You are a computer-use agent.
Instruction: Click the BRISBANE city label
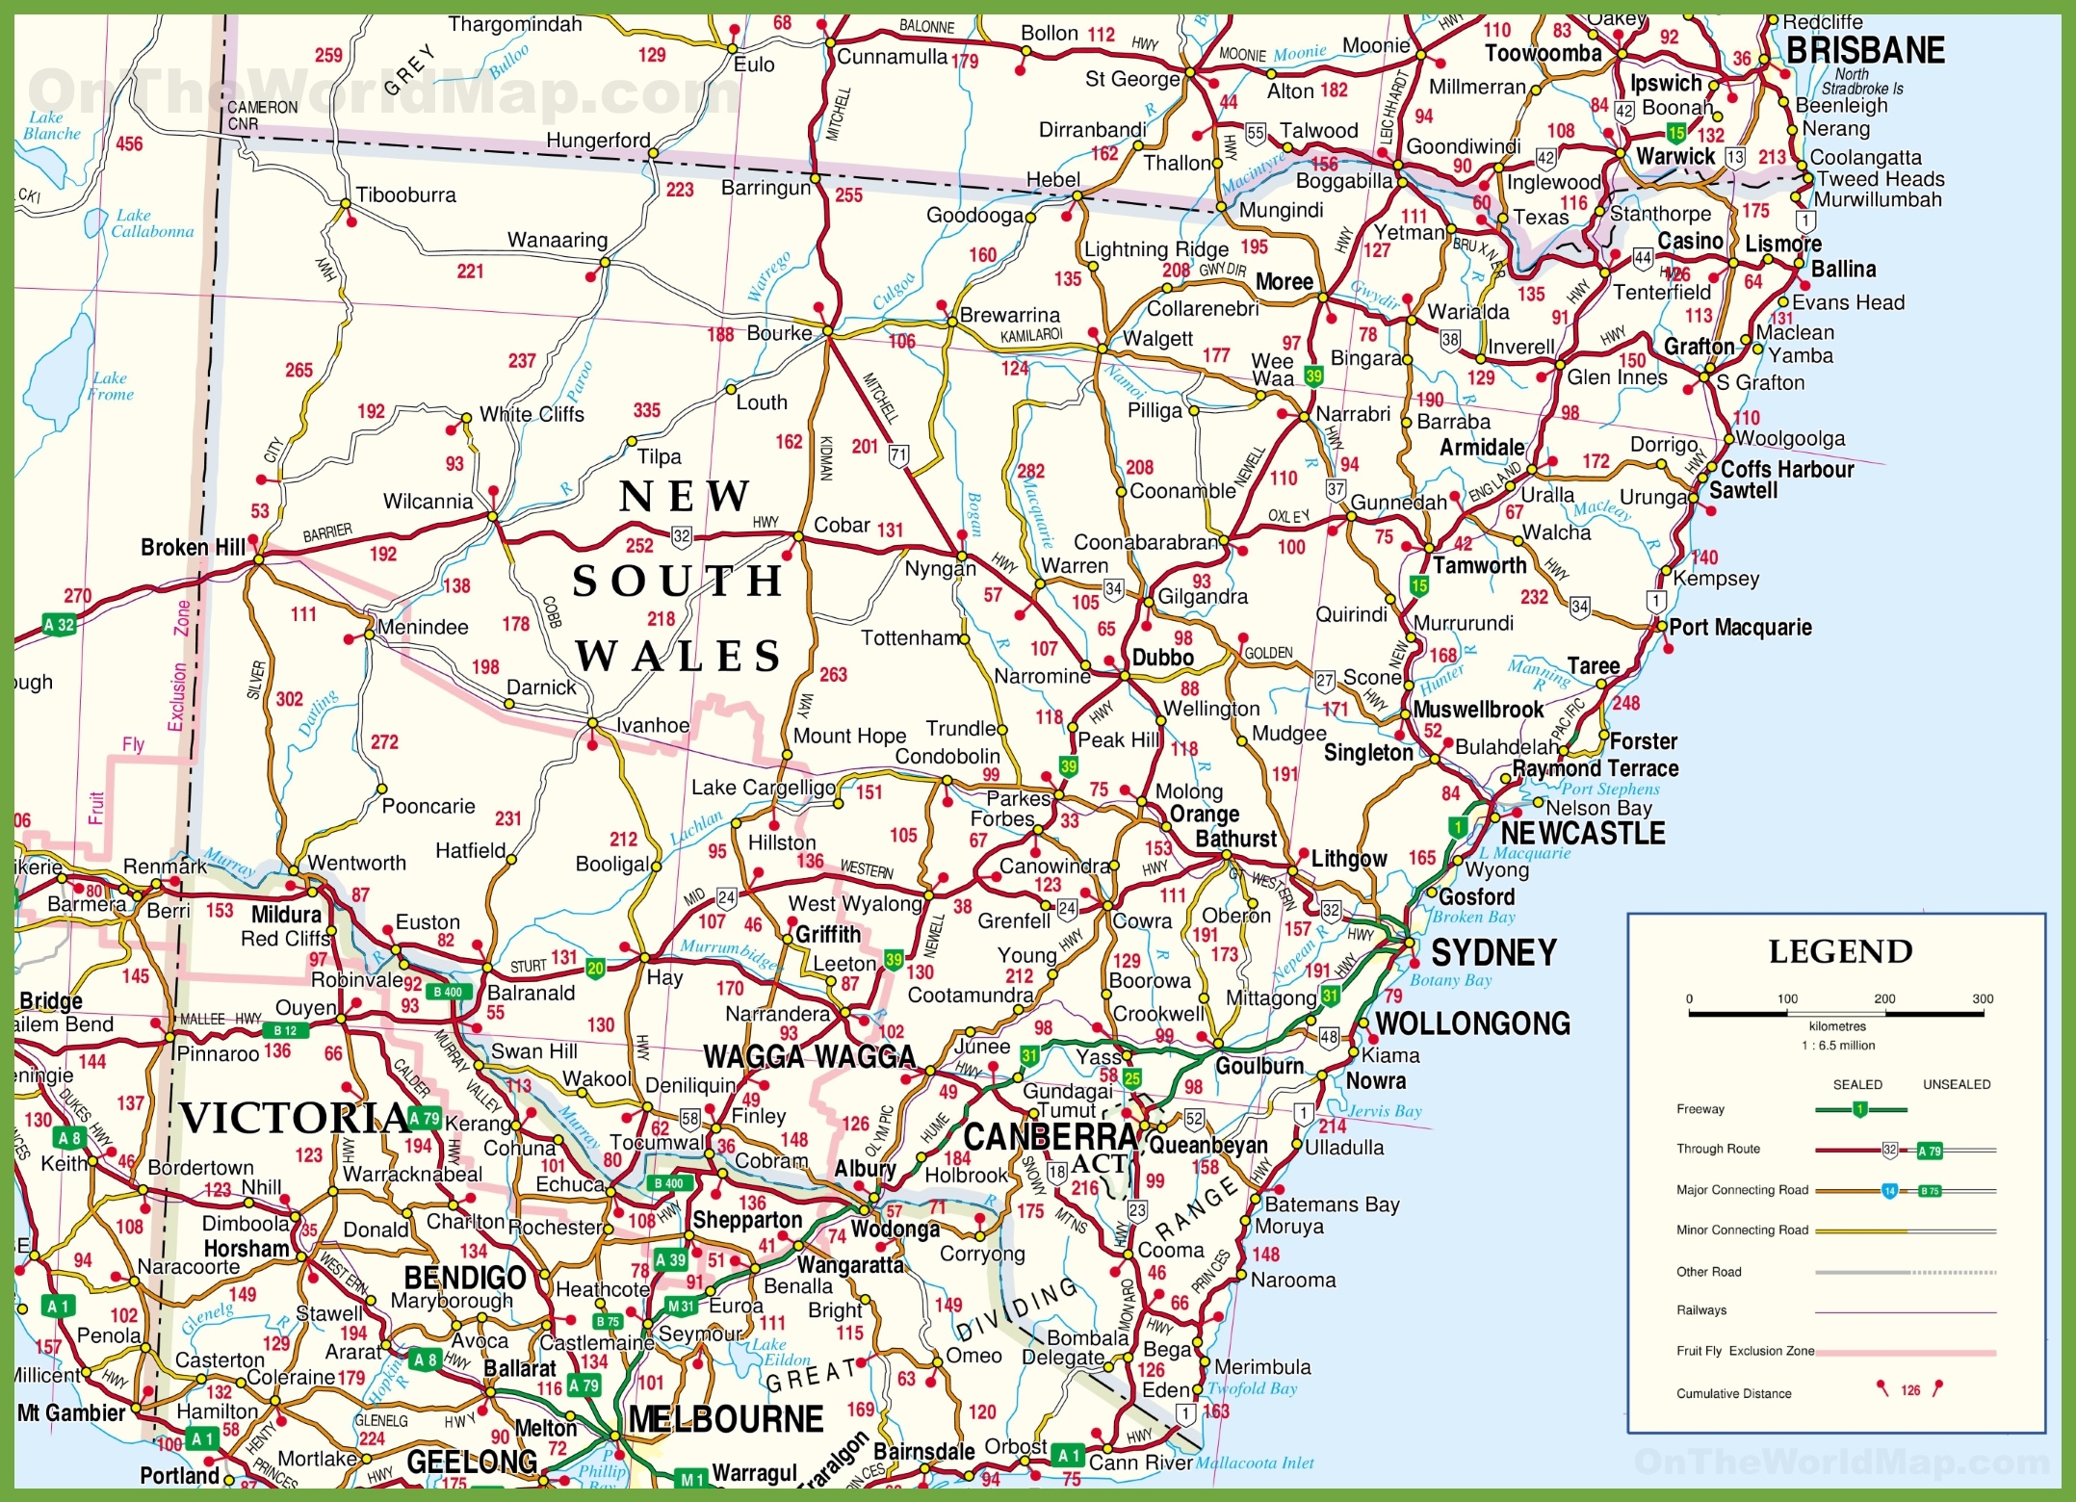(x=1865, y=50)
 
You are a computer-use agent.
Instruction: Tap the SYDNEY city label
(x=1493, y=953)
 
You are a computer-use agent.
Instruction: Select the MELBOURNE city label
(x=725, y=1419)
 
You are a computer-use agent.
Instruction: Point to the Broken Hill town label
(x=193, y=547)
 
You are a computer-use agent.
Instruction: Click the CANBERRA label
(x=1051, y=1137)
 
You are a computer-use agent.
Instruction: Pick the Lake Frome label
(x=111, y=386)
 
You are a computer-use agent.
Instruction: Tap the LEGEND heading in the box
(x=1840, y=952)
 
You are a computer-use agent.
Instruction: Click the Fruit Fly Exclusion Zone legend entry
(x=1745, y=1351)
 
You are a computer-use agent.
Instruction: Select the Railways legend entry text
(x=1701, y=1310)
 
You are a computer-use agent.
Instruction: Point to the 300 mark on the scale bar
(x=1982, y=999)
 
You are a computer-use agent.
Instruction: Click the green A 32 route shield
(x=60, y=624)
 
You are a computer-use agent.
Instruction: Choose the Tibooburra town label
(x=405, y=195)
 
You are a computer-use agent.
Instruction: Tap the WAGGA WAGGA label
(x=809, y=1057)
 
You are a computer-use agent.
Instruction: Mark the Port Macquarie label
(x=1740, y=628)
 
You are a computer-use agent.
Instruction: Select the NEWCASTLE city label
(x=1583, y=833)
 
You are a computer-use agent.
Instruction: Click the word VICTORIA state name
(x=294, y=1118)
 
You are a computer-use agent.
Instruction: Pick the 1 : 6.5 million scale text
(x=1838, y=1046)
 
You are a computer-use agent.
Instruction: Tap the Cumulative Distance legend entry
(x=1733, y=1393)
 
